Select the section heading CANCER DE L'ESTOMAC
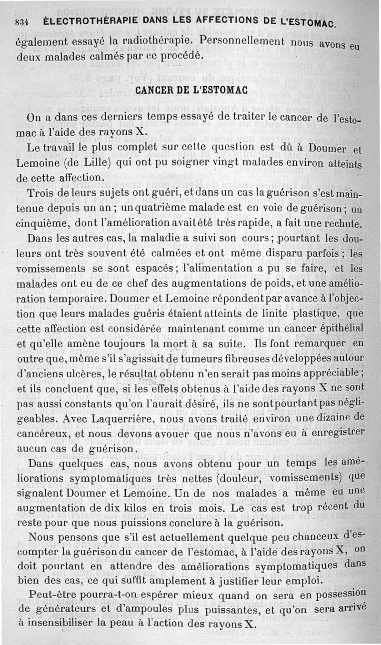(190, 90)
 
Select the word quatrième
(162, 209)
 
